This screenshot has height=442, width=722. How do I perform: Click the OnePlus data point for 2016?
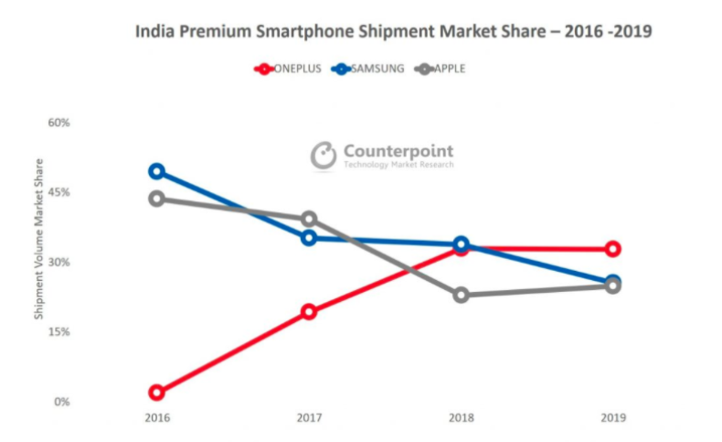click(x=157, y=393)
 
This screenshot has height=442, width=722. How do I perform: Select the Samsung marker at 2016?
click(x=157, y=171)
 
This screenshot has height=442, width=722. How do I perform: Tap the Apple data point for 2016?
click(x=157, y=199)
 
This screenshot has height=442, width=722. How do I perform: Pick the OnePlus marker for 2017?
click(x=309, y=312)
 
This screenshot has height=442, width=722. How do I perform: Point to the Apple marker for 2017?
click(x=309, y=219)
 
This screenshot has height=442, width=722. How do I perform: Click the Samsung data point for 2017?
click(x=309, y=238)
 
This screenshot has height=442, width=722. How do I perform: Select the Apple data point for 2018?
click(x=462, y=295)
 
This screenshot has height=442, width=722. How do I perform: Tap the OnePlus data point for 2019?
click(x=613, y=249)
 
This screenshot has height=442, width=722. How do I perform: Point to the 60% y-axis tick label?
click(x=58, y=123)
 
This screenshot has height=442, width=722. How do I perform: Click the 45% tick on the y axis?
click(x=58, y=192)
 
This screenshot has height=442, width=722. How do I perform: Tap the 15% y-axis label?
click(x=58, y=332)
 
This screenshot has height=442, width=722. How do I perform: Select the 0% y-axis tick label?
click(x=61, y=402)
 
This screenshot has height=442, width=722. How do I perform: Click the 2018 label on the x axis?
click(x=462, y=419)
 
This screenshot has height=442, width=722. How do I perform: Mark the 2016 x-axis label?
click(x=157, y=419)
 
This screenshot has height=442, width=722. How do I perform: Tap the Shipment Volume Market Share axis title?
click(x=38, y=238)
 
